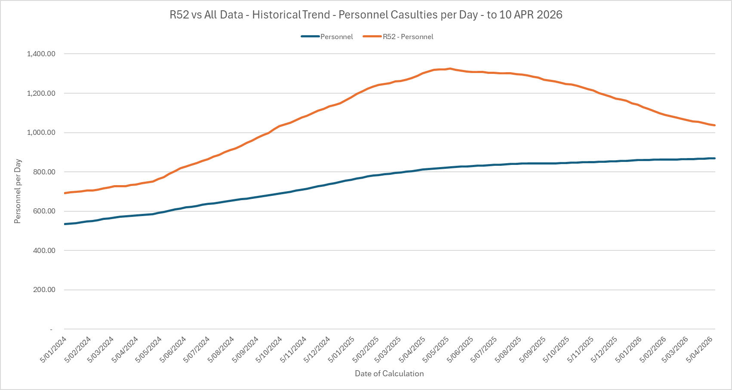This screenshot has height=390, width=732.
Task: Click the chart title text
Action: [366, 15]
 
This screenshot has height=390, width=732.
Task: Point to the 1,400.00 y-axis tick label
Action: [41, 54]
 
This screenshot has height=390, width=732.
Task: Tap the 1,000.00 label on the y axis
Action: [41, 133]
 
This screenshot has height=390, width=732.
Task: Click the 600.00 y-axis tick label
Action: [44, 211]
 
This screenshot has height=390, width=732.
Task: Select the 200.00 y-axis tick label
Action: [44, 290]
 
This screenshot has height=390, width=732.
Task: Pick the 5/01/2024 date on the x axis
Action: [54, 350]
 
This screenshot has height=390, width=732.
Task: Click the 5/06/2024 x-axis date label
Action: [173, 350]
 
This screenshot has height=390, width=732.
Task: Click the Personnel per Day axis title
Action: [18, 192]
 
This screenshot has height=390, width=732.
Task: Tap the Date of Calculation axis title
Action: [389, 374]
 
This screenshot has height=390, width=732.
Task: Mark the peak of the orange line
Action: [450, 68]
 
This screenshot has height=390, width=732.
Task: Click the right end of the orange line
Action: [714, 125]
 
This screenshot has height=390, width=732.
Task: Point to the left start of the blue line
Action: [65, 224]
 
